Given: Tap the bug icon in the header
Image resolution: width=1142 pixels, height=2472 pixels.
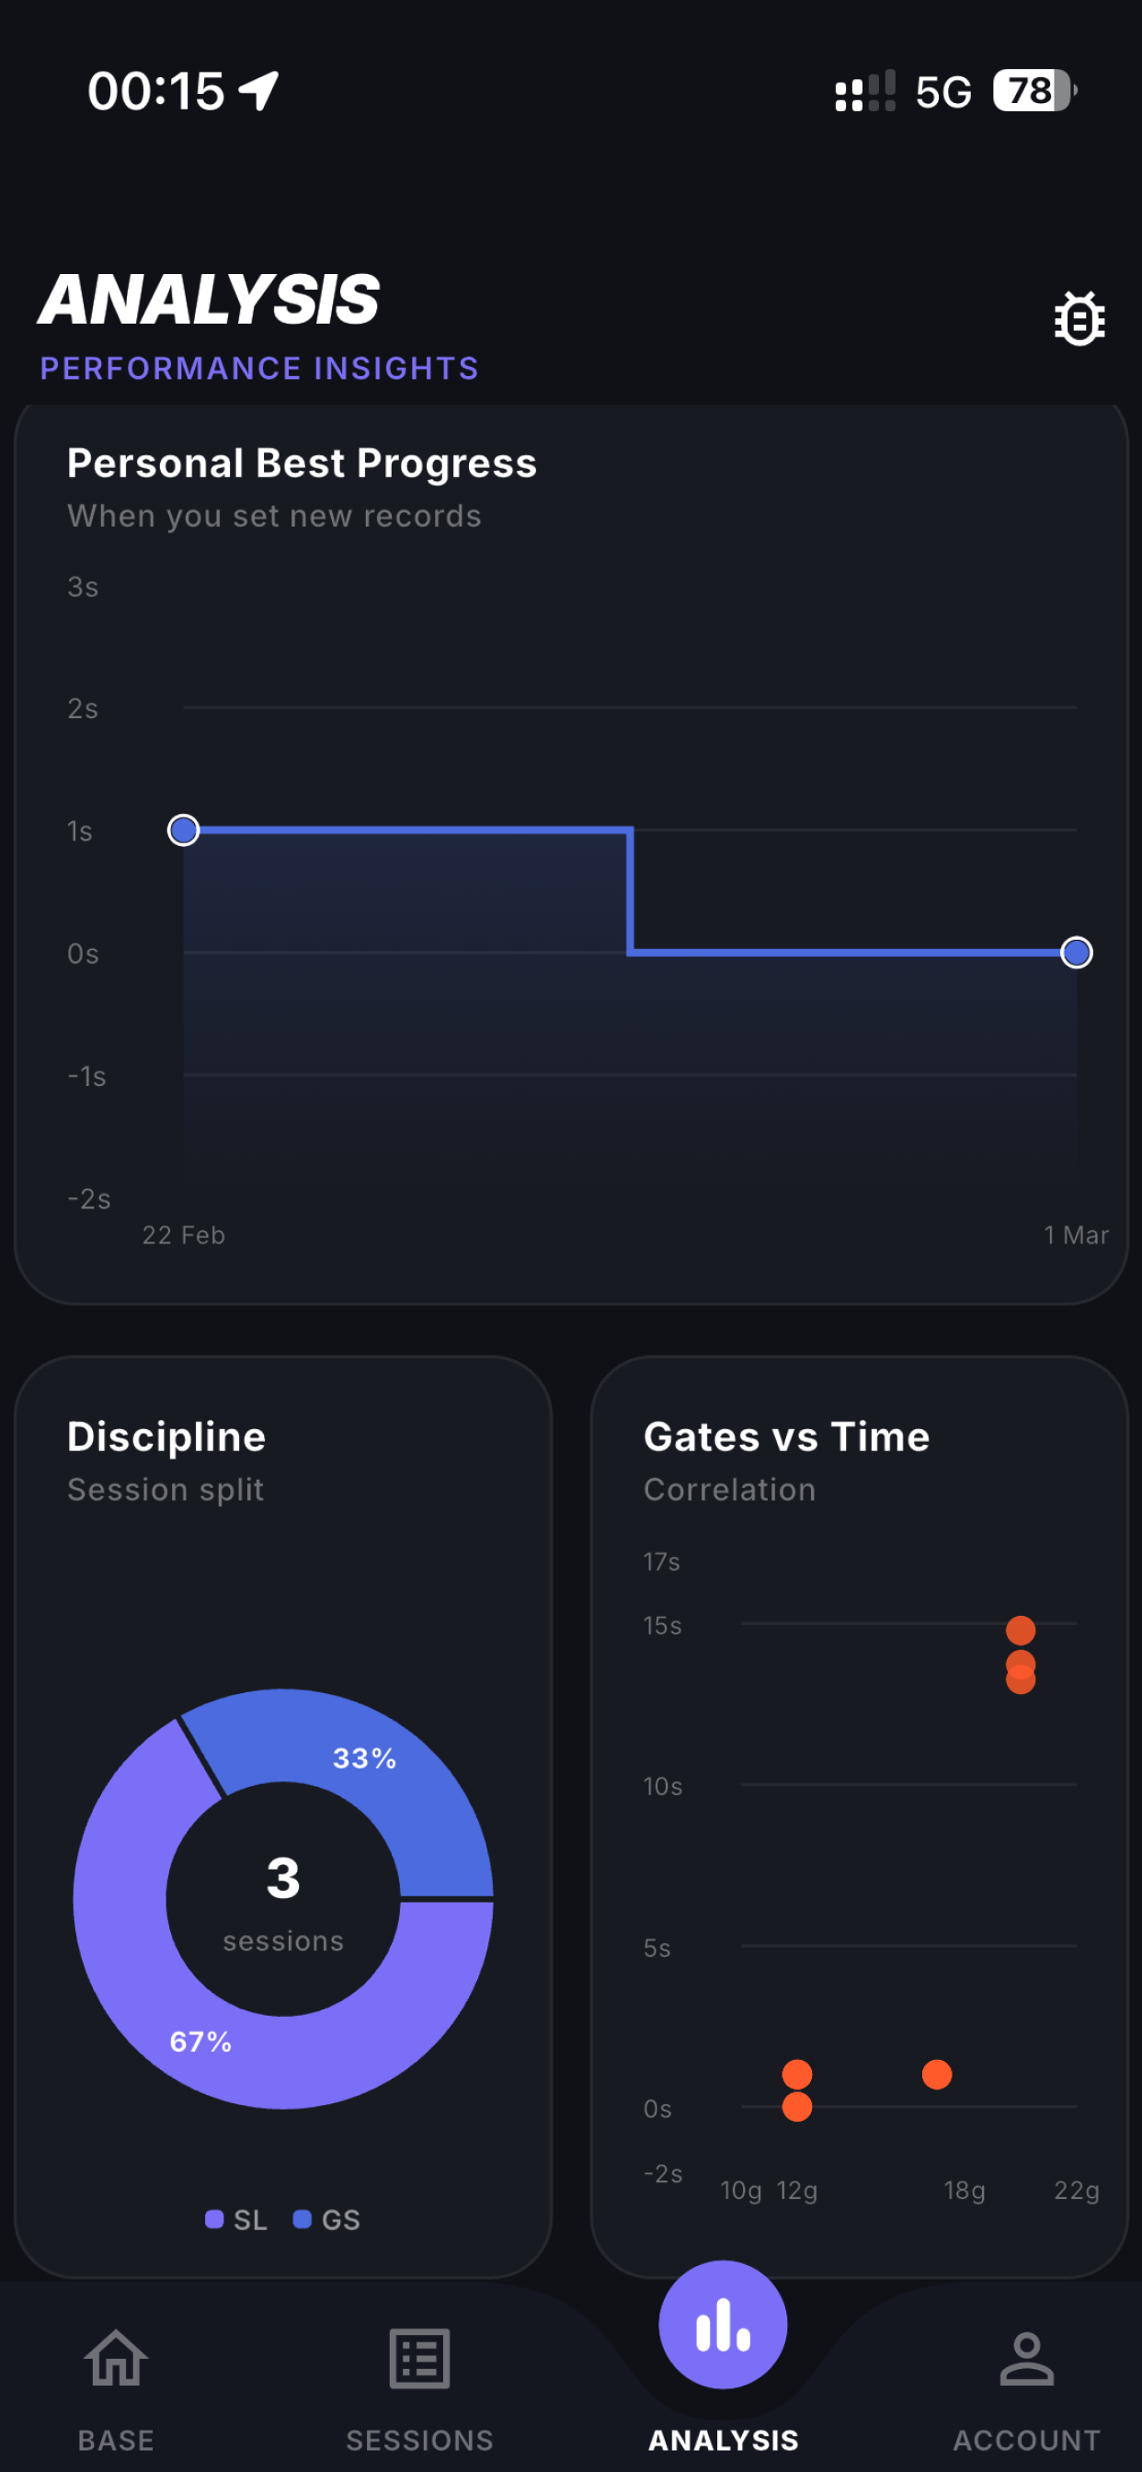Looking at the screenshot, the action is coord(1079,317).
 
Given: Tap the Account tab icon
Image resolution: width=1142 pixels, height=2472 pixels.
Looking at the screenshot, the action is coord(1027,2359).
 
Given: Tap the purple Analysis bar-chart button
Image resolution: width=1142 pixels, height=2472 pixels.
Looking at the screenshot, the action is coord(723,2324).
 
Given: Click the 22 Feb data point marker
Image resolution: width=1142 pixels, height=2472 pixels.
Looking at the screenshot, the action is coord(183,830).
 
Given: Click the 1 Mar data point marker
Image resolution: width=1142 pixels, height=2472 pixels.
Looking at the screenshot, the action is coord(1077,953).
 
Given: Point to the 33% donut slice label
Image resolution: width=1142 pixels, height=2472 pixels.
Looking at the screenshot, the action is coord(365,1758).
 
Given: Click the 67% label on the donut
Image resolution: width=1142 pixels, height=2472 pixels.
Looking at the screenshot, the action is coord(200,2041).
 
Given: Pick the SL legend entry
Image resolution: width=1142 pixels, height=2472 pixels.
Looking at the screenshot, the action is coord(236,2220).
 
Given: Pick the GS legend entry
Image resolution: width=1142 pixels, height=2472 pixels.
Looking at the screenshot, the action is coord(326,2220).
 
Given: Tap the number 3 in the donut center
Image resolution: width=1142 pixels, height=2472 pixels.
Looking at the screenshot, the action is coord(283,1878).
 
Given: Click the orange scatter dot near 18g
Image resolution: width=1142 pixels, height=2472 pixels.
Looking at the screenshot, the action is coord(937,2075).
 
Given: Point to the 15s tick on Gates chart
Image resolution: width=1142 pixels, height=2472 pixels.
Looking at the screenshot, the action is coord(662,1626).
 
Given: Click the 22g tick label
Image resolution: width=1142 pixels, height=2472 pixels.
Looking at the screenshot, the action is coord(1077,2190).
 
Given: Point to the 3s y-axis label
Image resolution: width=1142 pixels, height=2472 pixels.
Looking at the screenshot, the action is coord(83,587).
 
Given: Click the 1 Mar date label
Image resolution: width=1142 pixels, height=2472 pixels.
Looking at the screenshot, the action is coord(1077,1235).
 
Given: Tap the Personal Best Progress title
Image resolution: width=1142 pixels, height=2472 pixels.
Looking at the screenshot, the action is coord(302,463).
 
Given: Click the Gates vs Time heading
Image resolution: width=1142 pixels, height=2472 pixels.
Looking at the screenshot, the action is coord(787,1436).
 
